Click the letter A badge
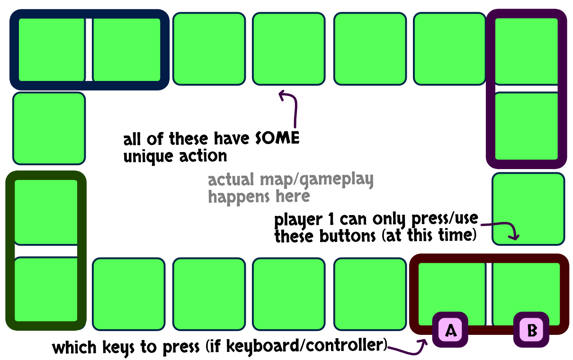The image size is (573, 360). (450, 330)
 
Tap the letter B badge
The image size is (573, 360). (531, 330)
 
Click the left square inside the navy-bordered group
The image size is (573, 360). (51, 49)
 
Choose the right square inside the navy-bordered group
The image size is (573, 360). (127, 49)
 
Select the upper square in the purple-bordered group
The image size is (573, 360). (526, 51)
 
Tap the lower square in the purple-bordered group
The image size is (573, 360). (526, 126)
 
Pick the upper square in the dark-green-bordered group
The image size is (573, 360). (46, 211)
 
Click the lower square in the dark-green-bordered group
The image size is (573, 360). (46, 289)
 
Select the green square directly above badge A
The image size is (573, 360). (451, 289)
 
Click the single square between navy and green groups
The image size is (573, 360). (49, 128)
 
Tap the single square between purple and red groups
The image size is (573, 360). (528, 208)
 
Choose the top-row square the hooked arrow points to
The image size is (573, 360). (289, 49)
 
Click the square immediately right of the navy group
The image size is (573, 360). (209, 49)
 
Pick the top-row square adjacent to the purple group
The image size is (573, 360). (449, 49)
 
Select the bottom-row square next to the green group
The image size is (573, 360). (128, 294)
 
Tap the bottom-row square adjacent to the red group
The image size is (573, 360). (370, 294)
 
